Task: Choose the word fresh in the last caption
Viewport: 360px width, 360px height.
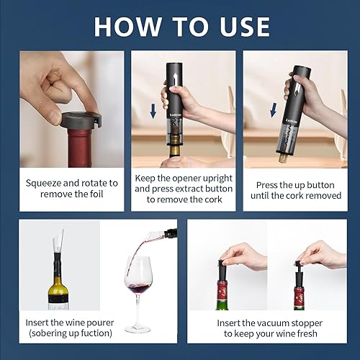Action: tap(303, 334)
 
